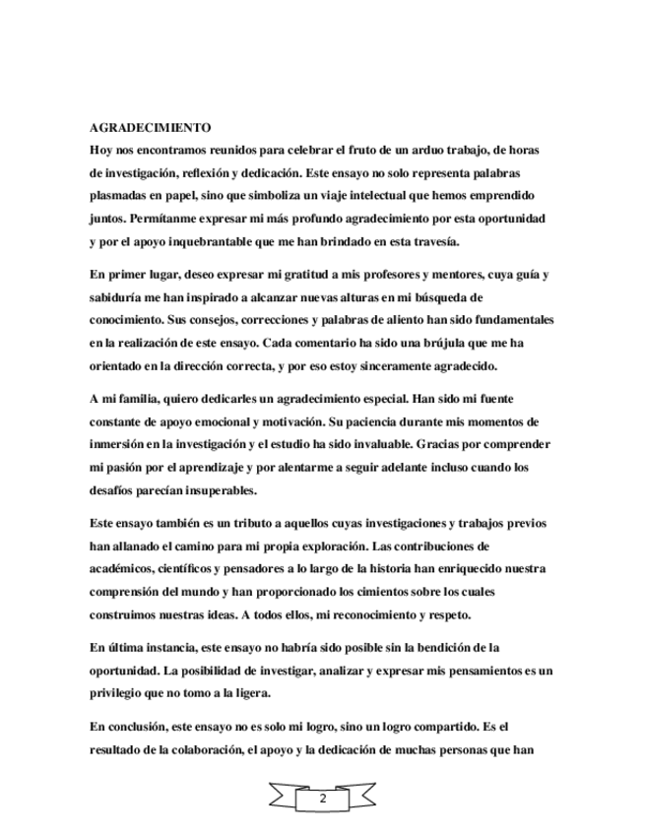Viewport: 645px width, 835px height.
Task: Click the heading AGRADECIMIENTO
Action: pyautogui.click(x=150, y=128)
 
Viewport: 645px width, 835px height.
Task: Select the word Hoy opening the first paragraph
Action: pyautogui.click(x=100, y=149)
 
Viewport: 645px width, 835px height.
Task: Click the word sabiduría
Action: pyautogui.click(x=119, y=297)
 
